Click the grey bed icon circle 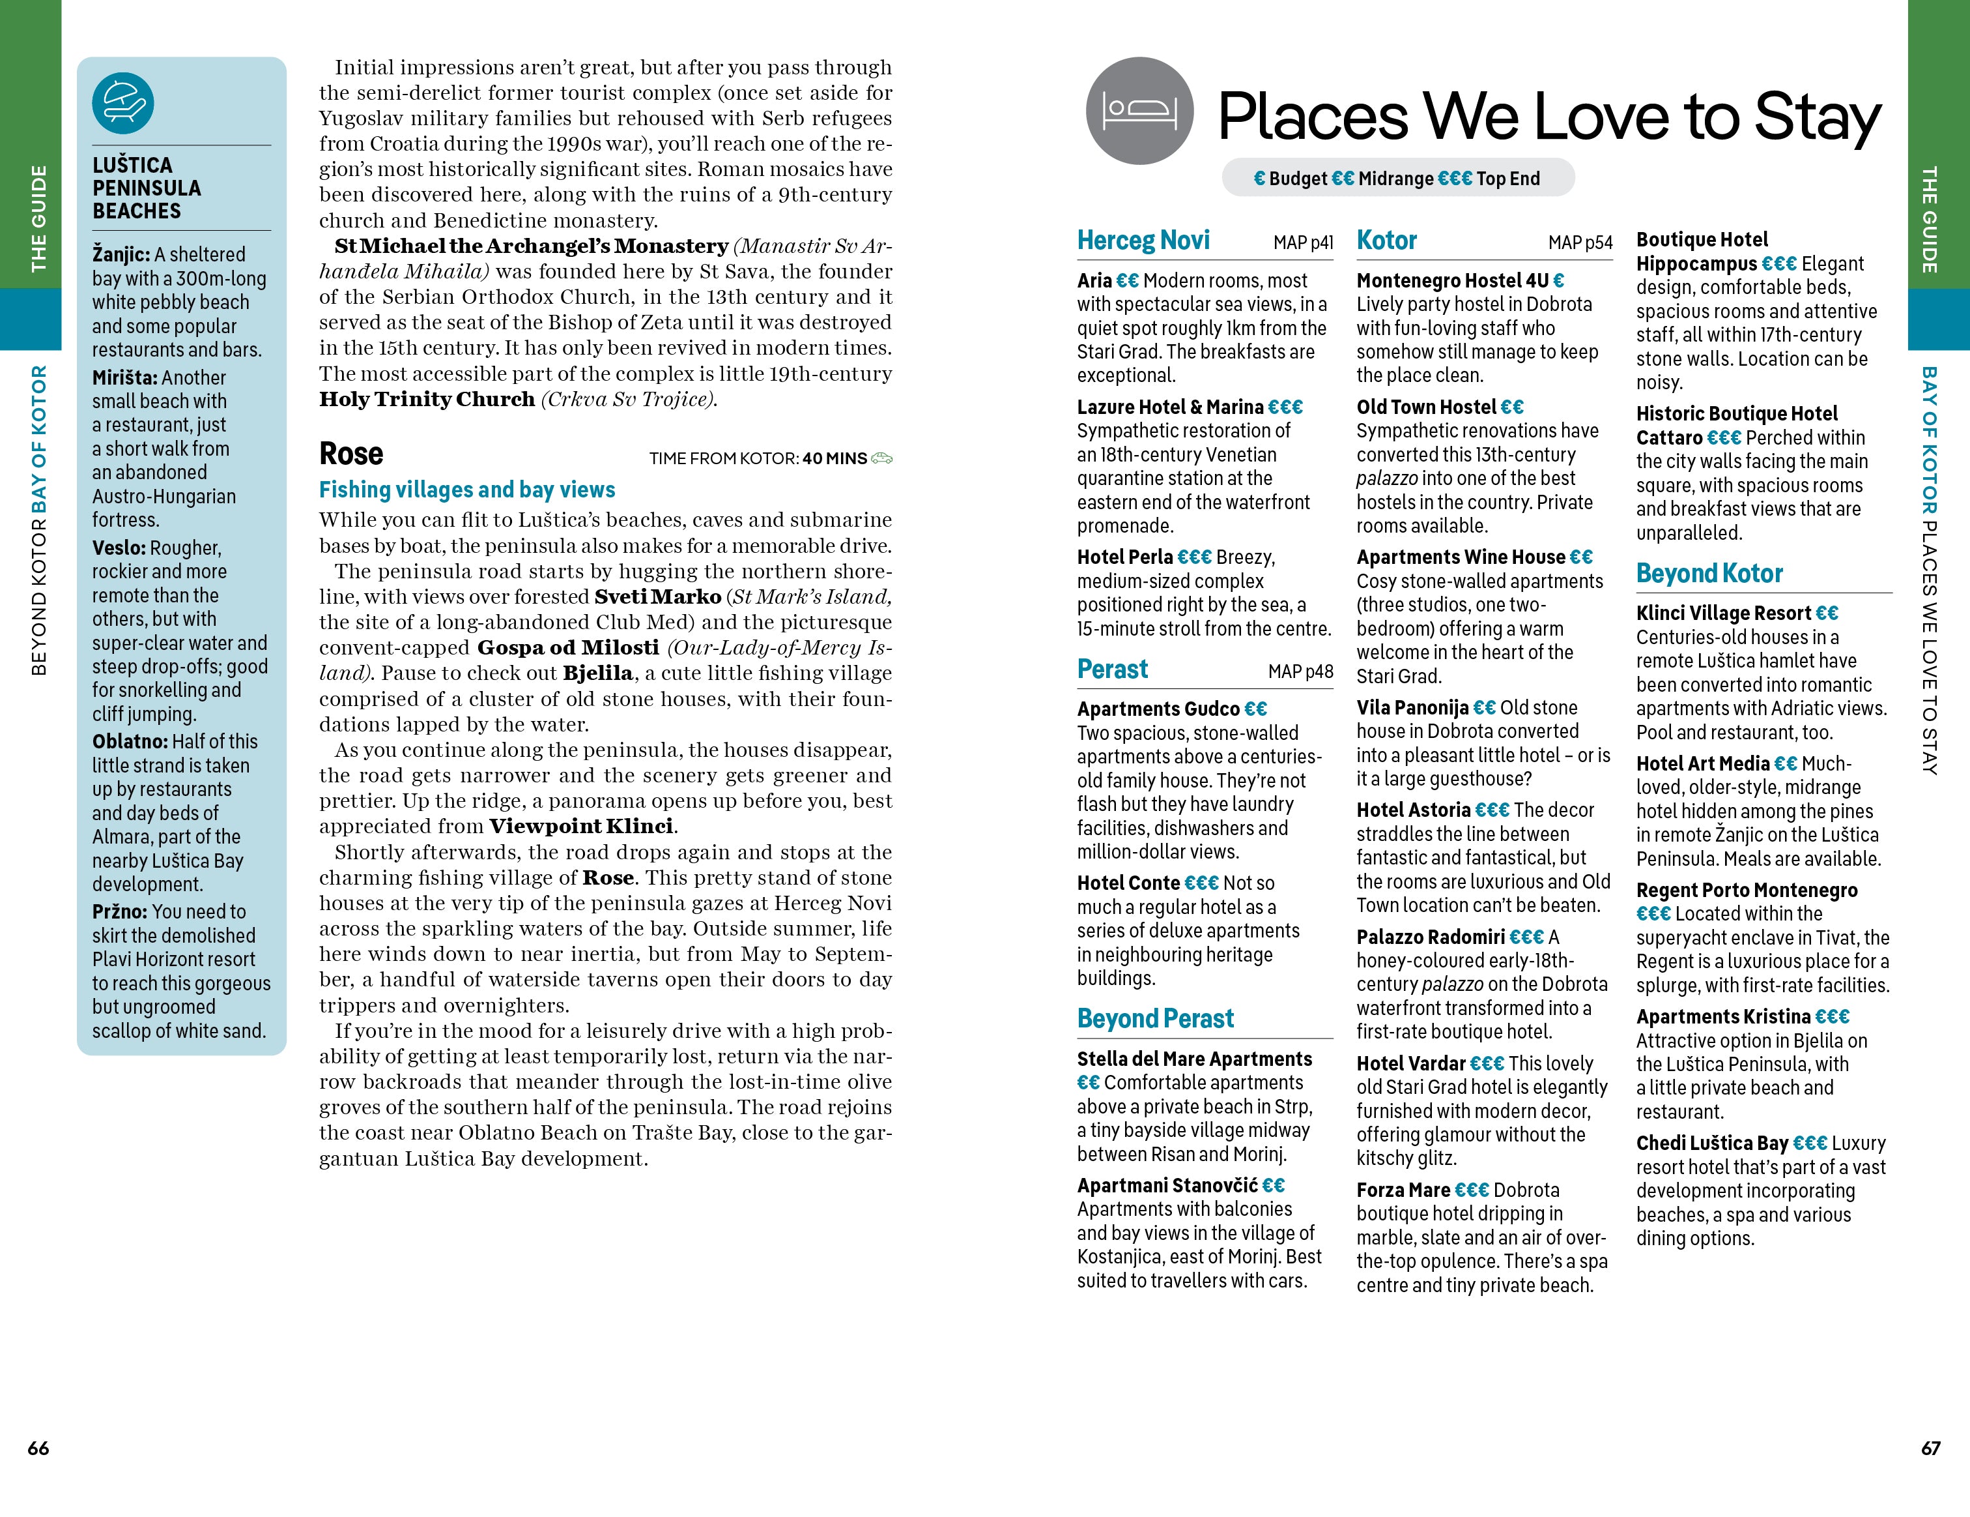(x=1139, y=111)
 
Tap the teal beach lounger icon (x=122, y=103)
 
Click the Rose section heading (x=351, y=454)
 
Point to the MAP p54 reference (x=1579, y=243)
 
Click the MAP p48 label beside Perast (x=1300, y=671)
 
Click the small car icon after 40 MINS (x=881, y=458)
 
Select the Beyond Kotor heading (x=1709, y=574)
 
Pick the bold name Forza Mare (x=1403, y=1190)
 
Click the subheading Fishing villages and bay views (x=466, y=490)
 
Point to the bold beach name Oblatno (x=129, y=742)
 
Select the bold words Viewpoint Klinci (x=581, y=827)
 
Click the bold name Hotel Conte (x=1128, y=883)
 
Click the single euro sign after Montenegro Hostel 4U (x=1559, y=282)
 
